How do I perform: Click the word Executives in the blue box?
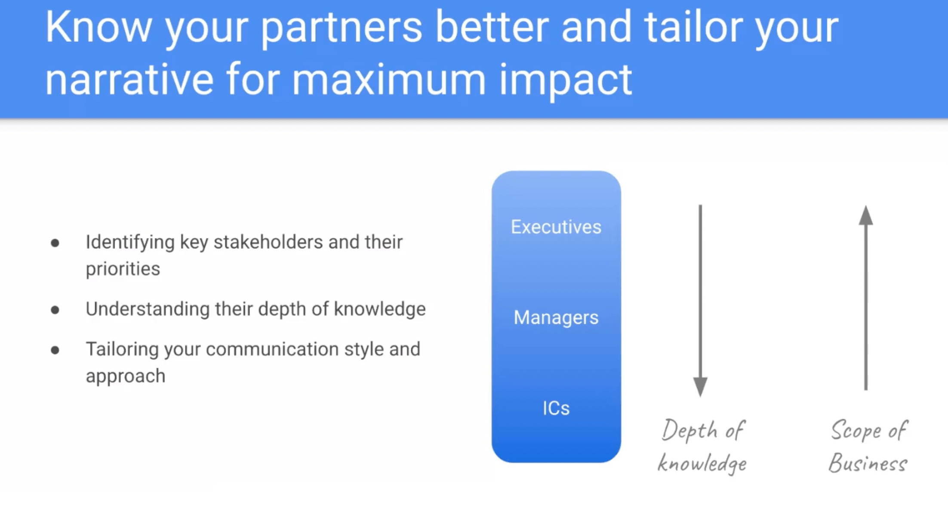click(556, 227)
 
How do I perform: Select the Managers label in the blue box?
click(556, 317)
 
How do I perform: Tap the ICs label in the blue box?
click(556, 408)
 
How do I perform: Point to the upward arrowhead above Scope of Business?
click(866, 215)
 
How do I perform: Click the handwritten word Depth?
click(689, 430)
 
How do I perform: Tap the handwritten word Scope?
click(856, 430)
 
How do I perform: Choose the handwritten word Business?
click(868, 463)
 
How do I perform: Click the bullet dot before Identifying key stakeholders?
click(55, 243)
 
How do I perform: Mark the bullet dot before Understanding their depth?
click(55, 310)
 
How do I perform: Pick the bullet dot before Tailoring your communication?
click(55, 350)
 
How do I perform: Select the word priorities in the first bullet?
click(123, 269)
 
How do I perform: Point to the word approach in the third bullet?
click(126, 376)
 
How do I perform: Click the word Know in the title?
click(98, 27)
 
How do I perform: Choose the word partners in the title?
click(342, 29)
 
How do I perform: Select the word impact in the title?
click(566, 80)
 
